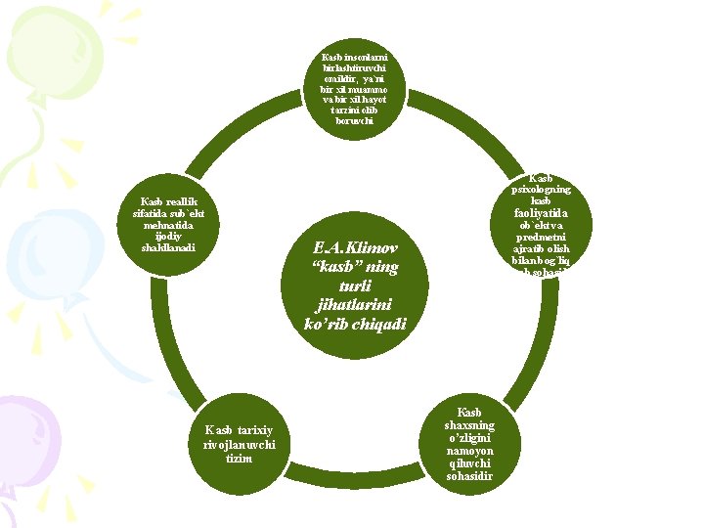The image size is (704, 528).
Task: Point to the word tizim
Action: pos(238,459)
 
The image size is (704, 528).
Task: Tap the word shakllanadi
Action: pos(169,246)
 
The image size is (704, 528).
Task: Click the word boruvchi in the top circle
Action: pos(353,121)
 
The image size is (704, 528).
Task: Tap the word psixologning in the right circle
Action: pos(541,189)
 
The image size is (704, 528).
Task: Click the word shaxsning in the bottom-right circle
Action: pos(469,425)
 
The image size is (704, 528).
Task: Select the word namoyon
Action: pos(469,451)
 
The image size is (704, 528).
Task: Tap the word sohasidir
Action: pos(469,476)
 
